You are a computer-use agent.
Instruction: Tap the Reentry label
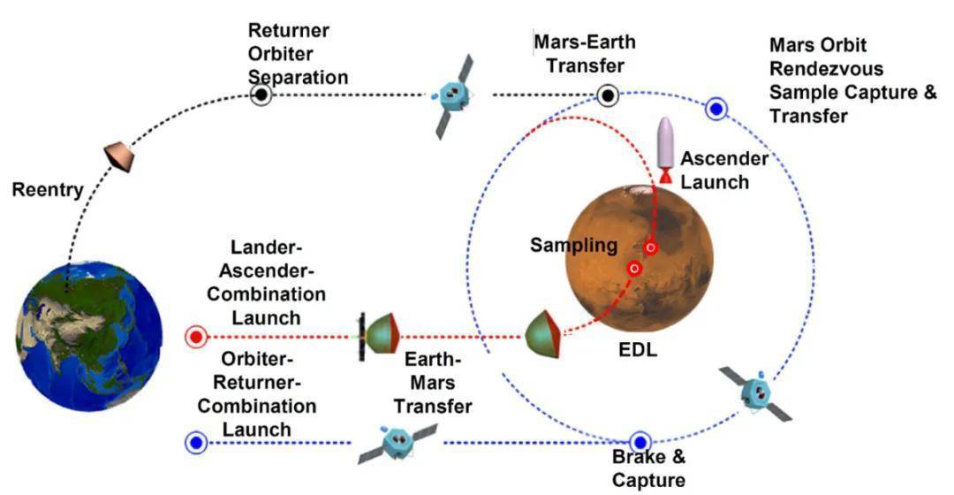pyautogui.click(x=47, y=190)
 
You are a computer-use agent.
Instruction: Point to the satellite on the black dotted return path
pyautogui.click(x=456, y=95)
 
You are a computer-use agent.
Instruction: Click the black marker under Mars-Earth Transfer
pyautogui.click(x=607, y=95)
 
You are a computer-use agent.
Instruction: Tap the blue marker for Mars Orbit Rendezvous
pyautogui.click(x=716, y=109)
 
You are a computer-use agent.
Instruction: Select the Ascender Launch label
pyautogui.click(x=723, y=171)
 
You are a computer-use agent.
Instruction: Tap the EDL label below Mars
pyautogui.click(x=637, y=350)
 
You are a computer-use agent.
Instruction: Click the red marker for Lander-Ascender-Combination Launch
pyautogui.click(x=195, y=337)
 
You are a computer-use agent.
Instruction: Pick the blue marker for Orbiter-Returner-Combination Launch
pyautogui.click(x=195, y=441)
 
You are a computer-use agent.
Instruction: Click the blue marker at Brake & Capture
pyautogui.click(x=640, y=441)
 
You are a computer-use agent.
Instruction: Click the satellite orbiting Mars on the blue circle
pyautogui.click(x=754, y=391)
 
